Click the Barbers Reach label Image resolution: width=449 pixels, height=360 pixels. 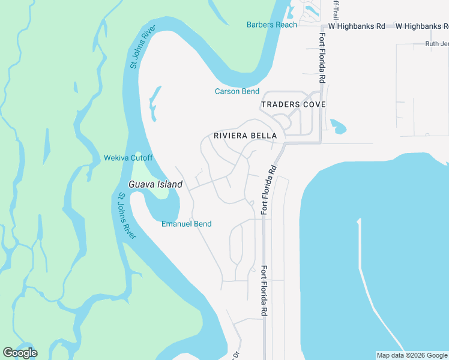[x=271, y=25]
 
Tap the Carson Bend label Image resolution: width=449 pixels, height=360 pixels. [x=237, y=91]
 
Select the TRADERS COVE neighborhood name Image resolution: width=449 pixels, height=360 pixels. [x=293, y=104]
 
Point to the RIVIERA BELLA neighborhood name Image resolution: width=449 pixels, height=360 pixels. [x=245, y=136]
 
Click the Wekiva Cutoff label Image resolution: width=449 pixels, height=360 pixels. [x=128, y=158]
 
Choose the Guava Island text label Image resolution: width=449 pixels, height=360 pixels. [x=155, y=185]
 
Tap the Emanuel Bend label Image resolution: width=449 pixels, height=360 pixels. [x=186, y=224]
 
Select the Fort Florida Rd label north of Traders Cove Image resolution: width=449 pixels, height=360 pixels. [x=322, y=57]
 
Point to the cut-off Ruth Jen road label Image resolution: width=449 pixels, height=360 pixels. [x=436, y=44]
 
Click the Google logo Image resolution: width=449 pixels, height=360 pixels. [x=20, y=353]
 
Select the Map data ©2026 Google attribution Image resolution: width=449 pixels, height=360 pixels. [x=412, y=355]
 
